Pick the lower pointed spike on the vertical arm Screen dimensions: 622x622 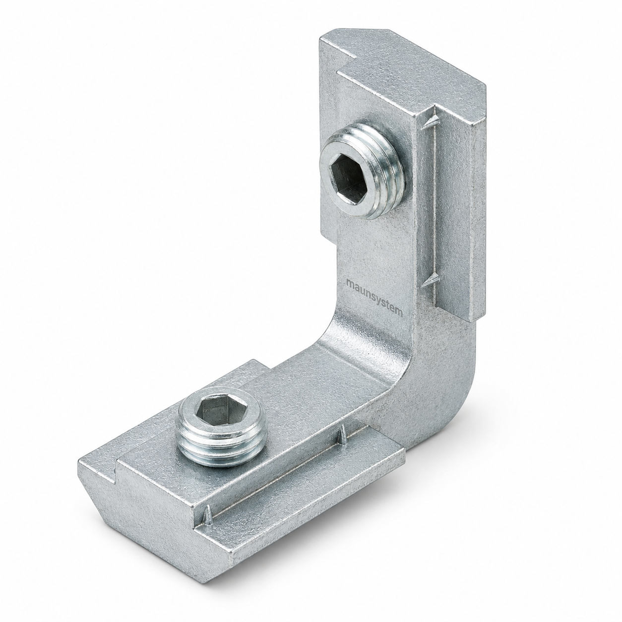tap(430, 278)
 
